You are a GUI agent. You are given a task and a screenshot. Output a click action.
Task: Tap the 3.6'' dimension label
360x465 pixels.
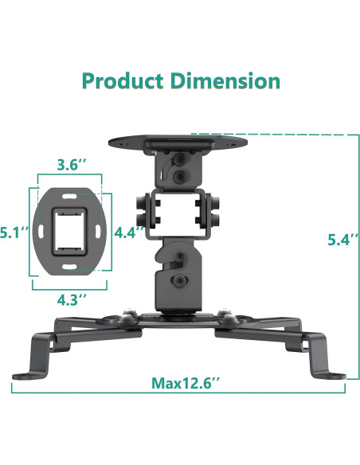pyautogui.click(x=72, y=166)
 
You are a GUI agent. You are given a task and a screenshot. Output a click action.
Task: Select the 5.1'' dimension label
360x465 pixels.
pyautogui.click(x=14, y=233)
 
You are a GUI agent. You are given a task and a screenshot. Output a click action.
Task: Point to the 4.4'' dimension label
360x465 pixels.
pyautogui.click(x=129, y=233)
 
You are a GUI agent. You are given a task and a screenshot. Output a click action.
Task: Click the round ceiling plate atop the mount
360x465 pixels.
pyautogui.click(x=176, y=144)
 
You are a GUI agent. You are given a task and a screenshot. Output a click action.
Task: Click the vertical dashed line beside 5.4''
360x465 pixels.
pyautogui.click(x=345, y=255)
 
